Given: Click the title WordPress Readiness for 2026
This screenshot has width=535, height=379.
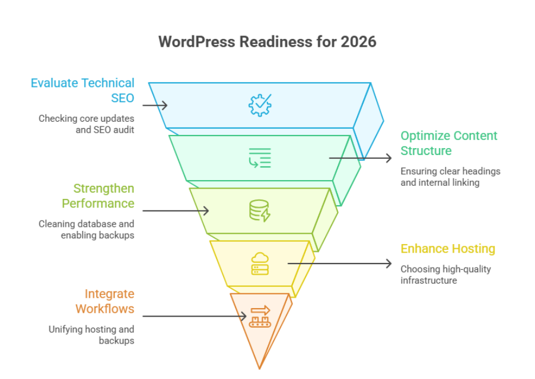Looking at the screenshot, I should [267, 42].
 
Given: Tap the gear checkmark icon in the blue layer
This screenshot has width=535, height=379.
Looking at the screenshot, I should [260, 105].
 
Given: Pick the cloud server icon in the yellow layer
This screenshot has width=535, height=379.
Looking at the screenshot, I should [259, 264].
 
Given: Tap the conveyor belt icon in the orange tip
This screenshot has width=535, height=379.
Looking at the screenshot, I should [259, 316].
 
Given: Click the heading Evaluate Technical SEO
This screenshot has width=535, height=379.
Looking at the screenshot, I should [83, 90].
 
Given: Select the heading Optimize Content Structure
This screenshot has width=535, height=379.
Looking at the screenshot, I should [449, 143].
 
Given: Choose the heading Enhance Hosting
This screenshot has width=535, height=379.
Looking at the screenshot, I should [447, 249].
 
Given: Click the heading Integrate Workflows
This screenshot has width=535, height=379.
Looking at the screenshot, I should [105, 301].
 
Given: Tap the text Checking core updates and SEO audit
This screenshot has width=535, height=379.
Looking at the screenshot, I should [86, 124].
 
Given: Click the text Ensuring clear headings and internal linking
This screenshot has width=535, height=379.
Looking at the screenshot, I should [450, 177].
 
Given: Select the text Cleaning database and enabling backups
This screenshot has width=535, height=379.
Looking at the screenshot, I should [87, 229].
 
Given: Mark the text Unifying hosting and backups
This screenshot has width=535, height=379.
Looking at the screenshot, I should [91, 334].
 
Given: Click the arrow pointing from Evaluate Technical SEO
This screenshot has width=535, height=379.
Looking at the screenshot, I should [154, 105].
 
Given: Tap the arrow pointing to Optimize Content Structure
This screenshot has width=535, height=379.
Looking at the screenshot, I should [360, 158].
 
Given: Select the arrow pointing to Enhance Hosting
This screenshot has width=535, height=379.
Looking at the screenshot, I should [340, 264].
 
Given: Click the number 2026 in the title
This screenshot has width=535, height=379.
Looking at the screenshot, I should [361, 42].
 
